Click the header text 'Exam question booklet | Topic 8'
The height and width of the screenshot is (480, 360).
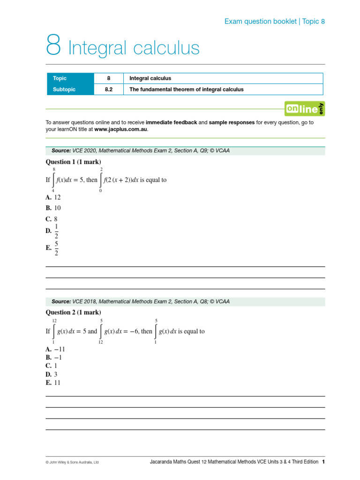tap(274, 21)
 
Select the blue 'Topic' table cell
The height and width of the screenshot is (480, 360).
tap(70, 78)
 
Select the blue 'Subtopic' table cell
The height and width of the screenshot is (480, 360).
tap(70, 89)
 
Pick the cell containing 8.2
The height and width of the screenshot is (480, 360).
tap(109, 89)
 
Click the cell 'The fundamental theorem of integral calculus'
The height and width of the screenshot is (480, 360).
tap(186, 89)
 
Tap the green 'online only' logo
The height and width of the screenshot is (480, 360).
tap(305, 109)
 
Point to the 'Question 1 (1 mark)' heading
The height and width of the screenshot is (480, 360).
tap(73, 162)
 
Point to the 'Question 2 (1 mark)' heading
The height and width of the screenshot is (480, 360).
tap(73, 312)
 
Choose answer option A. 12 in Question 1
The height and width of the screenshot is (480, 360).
tap(53, 197)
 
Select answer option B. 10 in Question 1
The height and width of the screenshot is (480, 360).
tap(53, 208)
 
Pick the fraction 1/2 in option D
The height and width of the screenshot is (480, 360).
tap(57, 231)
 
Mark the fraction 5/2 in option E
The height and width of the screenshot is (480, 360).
tap(57, 248)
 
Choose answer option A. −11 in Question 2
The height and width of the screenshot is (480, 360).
tap(55, 349)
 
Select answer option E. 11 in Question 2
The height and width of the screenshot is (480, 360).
tap(53, 382)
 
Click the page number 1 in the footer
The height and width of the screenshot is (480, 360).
tap(323, 462)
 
